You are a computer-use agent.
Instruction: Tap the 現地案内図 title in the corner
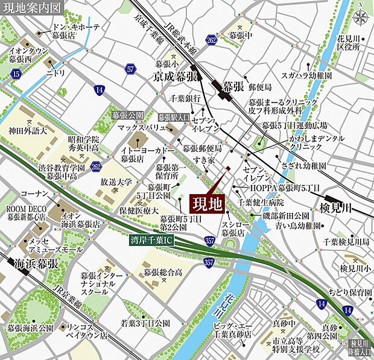point(31,8)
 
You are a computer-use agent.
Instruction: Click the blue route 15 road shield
point(16,74)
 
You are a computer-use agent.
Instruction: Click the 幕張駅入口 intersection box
point(174,117)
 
